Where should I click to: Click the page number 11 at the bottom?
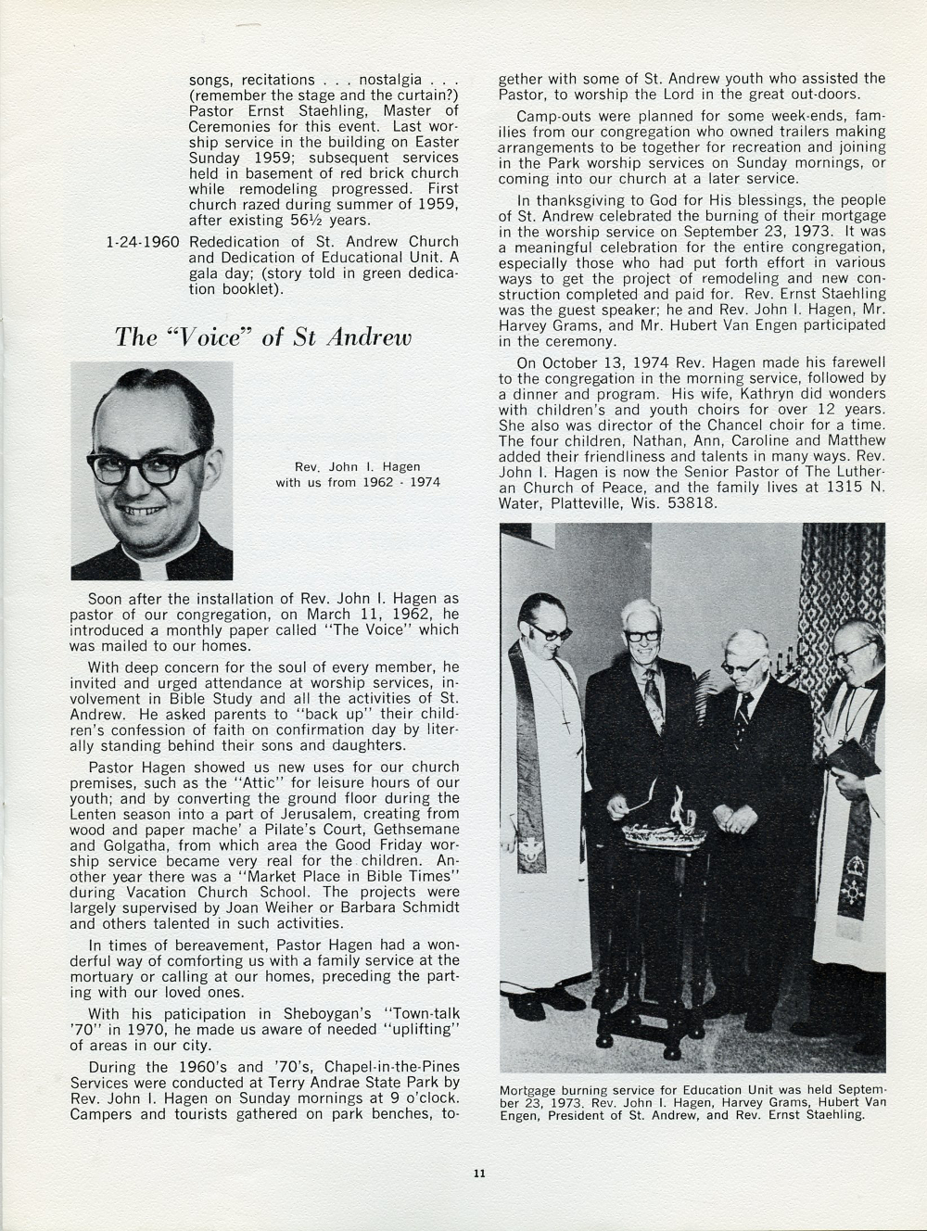click(478, 1174)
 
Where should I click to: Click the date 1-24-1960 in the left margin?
click(144, 242)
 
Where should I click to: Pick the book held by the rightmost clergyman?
click(852, 757)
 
